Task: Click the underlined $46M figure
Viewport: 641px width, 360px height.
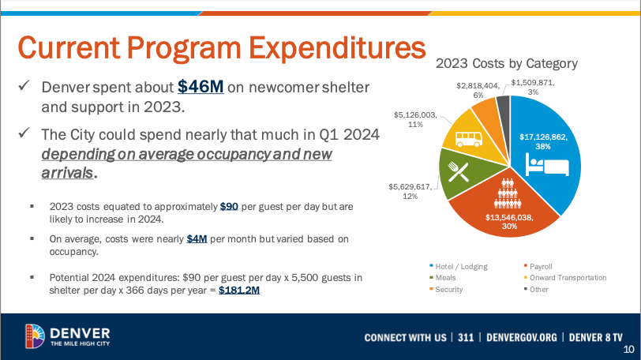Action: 201,86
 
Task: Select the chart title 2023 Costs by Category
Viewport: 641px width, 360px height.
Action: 507,63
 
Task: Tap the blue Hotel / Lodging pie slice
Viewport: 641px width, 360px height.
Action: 553,158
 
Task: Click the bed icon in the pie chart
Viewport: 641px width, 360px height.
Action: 547,167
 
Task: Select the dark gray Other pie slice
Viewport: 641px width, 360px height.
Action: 503,104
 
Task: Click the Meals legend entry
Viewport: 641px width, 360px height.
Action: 443,277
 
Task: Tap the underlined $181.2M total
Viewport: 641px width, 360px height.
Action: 238,290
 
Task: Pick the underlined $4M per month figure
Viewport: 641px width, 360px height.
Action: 197,239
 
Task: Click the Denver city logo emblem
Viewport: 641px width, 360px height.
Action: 34,336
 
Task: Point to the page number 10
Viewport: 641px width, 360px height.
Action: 628,351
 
